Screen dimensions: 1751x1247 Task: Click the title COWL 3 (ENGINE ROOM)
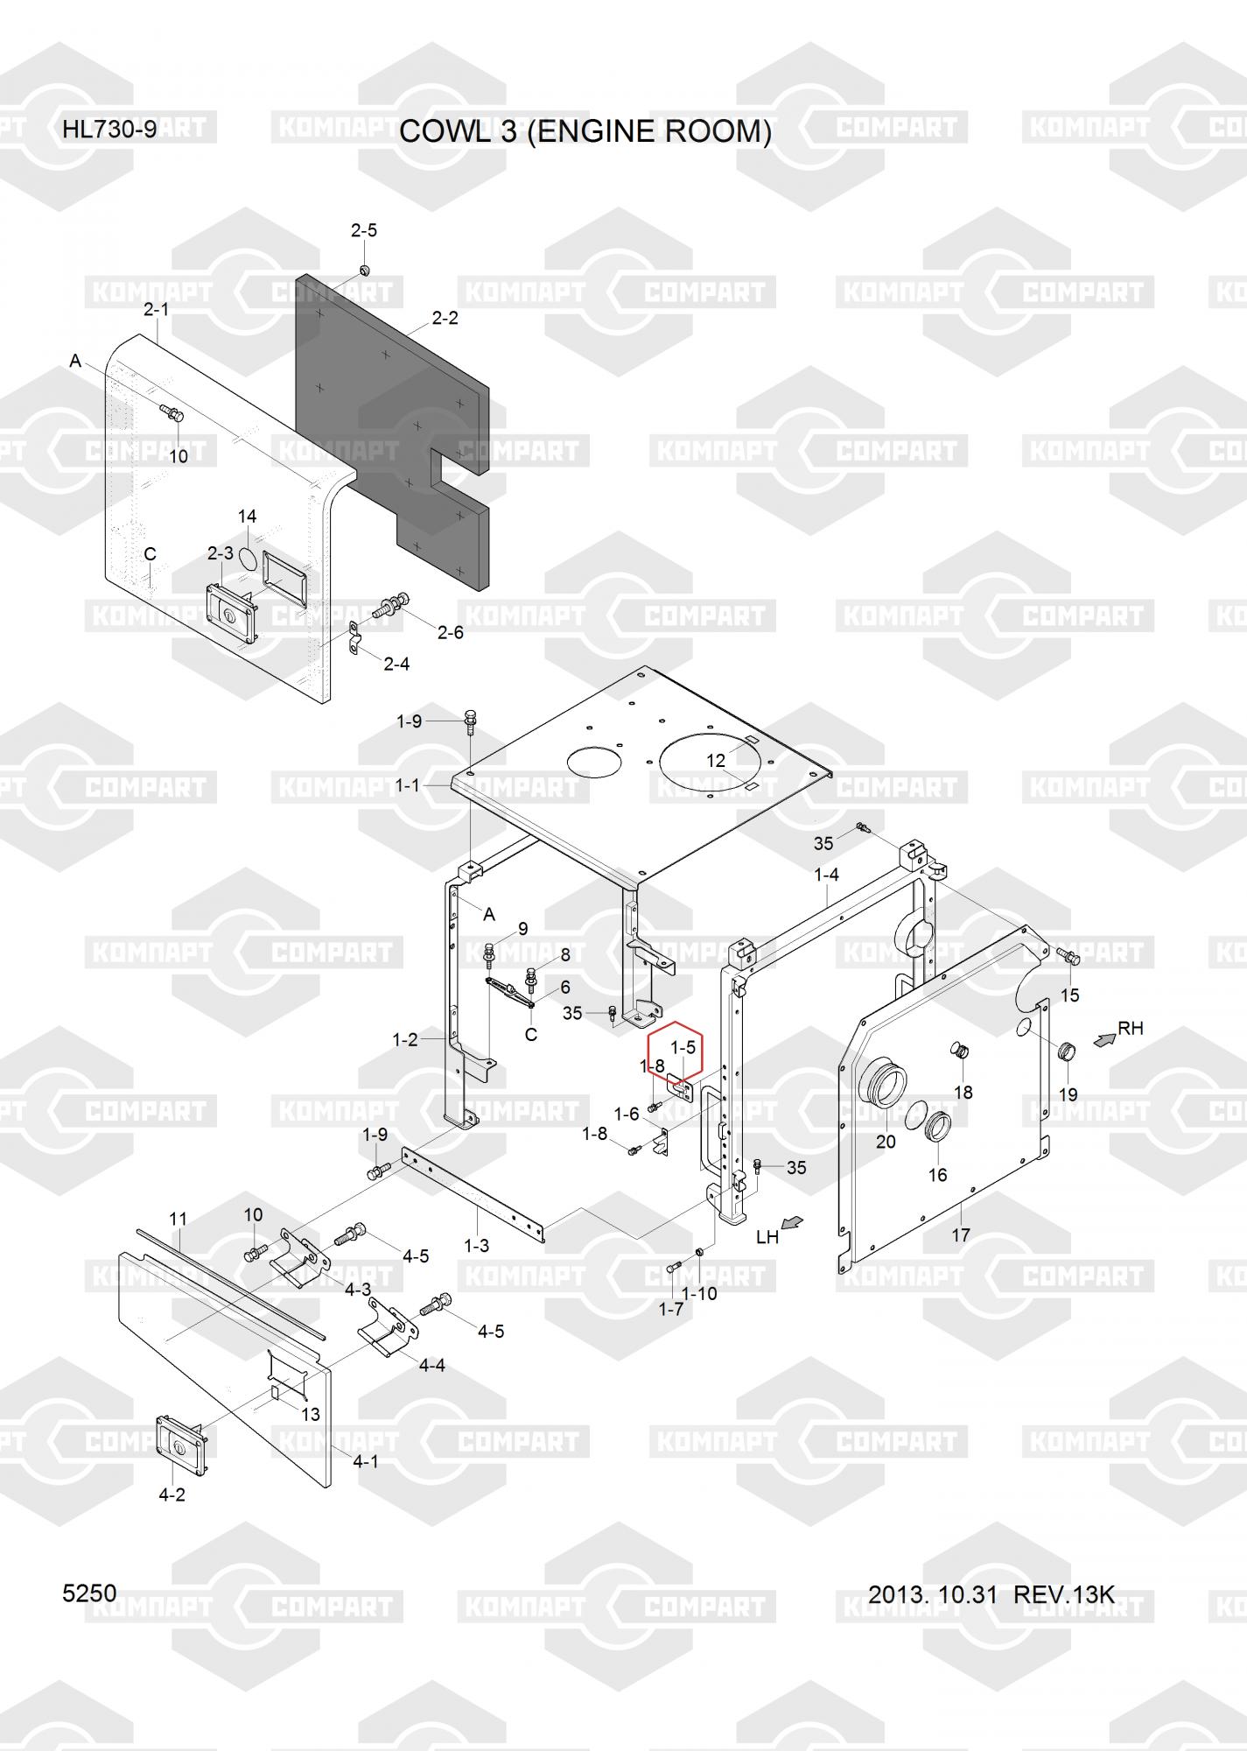click(585, 131)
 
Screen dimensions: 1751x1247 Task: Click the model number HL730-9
click(109, 130)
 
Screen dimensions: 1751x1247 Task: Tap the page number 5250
click(89, 1593)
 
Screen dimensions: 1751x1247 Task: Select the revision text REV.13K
click(1063, 1594)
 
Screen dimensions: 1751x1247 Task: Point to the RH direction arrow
click(1104, 1039)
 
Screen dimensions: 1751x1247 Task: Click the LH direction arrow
click(792, 1223)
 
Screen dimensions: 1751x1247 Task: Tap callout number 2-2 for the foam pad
click(445, 318)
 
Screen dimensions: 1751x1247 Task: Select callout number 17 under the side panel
click(960, 1235)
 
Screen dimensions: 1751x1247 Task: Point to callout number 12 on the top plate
click(716, 761)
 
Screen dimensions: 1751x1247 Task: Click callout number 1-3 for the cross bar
click(476, 1245)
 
